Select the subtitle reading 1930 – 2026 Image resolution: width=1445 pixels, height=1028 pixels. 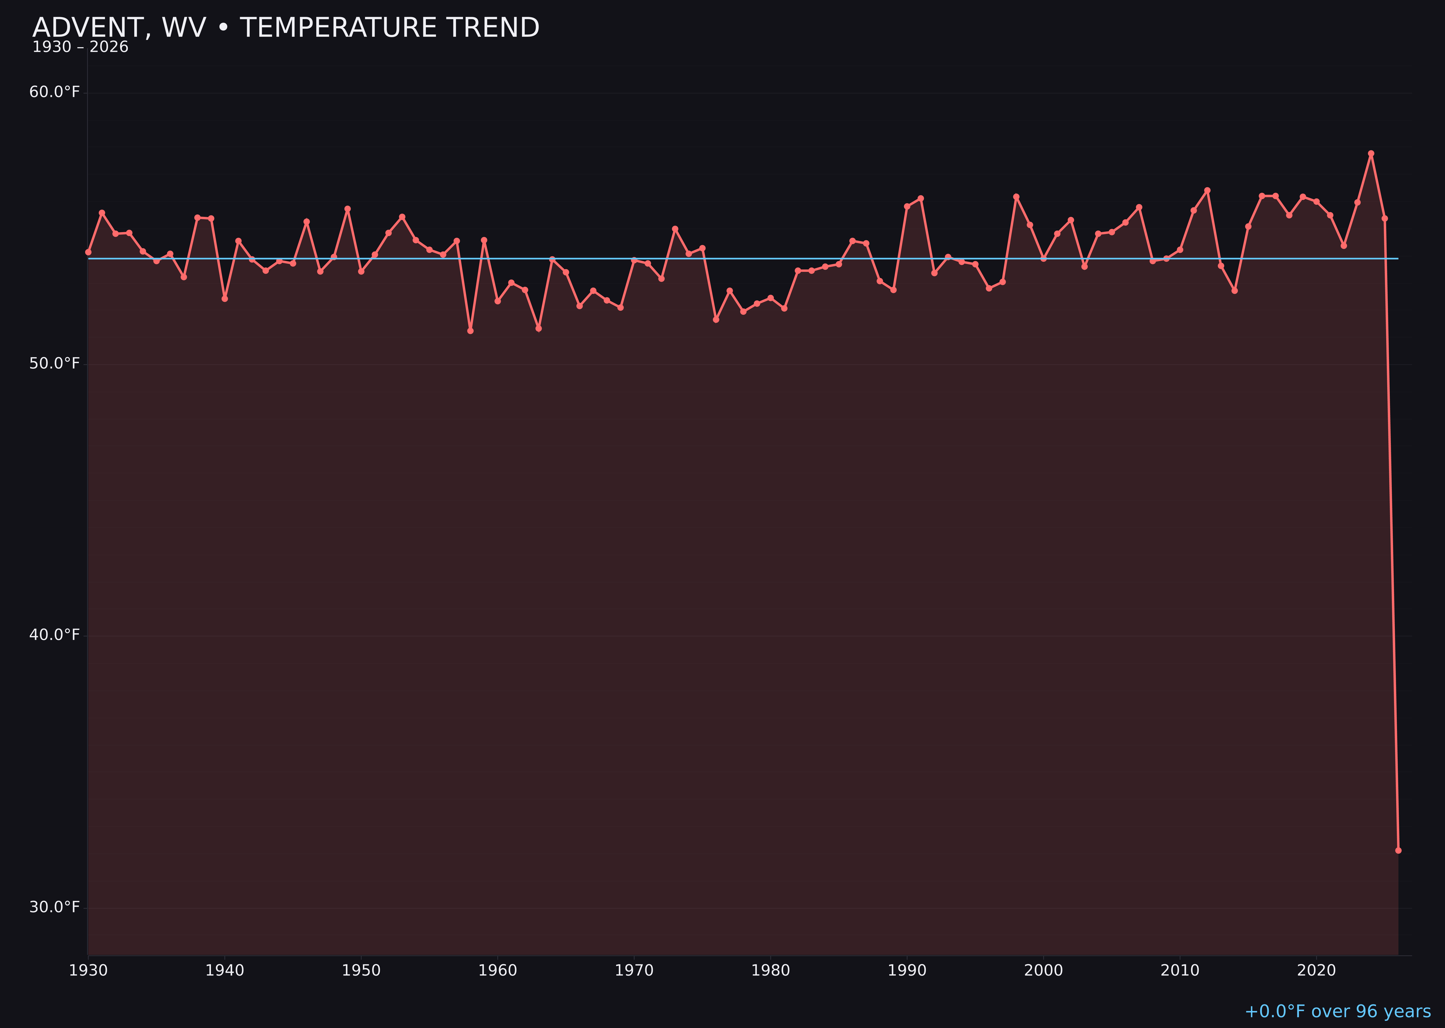point(80,47)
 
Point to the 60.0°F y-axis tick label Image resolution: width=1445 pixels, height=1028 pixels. point(55,93)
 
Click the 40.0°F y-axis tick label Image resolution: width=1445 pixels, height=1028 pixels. point(55,635)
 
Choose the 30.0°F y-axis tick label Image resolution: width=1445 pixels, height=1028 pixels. point(55,907)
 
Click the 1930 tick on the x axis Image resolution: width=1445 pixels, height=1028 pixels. point(89,971)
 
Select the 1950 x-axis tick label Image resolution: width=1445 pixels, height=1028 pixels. point(361,971)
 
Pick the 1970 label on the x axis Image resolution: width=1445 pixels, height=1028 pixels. point(634,971)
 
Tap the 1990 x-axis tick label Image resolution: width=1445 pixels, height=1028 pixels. point(907,971)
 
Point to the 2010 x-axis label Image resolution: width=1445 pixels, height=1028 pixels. point(1180,971)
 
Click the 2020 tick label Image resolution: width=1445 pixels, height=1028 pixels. point(1316,971)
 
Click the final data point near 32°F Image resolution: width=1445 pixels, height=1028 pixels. point(1398,850)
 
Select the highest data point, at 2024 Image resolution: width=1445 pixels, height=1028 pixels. point(1371,154)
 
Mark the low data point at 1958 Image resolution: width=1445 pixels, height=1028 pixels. point(470,330)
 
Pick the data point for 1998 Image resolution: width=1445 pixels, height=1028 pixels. point(1016,197)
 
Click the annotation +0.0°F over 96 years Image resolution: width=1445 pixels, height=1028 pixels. point(1337,1011)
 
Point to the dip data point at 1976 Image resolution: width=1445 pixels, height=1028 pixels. point(716,320)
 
